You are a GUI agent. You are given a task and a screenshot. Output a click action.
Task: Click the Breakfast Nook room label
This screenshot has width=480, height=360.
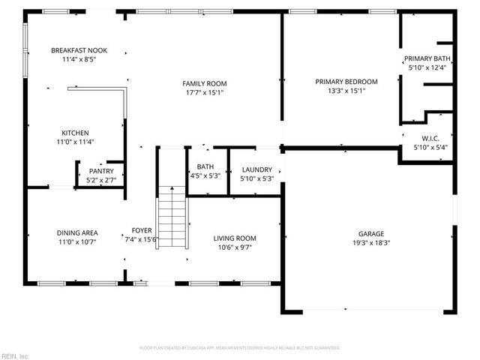[x=73, y=50]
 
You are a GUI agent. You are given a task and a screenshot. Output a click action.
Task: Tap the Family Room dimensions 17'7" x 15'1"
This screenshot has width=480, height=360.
[x=205, y=93]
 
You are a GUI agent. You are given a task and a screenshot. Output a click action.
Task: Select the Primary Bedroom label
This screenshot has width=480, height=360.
[x=346, y=82]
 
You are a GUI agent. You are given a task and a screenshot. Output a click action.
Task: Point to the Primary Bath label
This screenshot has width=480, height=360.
[x=427, y=58]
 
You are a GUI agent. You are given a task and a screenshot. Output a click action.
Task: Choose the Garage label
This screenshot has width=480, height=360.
[x=370, y=233]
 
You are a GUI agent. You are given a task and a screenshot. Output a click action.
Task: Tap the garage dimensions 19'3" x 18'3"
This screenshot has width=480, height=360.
[x=370, y=242]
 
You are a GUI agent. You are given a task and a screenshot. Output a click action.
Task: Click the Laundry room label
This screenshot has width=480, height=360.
[x=256, y=169]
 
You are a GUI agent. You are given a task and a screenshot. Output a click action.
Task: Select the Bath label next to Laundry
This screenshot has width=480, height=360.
[x=205, y=166]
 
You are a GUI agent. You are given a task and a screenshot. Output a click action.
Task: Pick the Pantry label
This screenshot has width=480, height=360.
[x=100, y=171]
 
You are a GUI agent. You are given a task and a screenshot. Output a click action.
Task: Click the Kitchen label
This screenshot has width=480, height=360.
[x=75, y=133]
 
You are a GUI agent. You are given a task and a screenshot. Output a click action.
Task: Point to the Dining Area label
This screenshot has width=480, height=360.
[x=77, y=232]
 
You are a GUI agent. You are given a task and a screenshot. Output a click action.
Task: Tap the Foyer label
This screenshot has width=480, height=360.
[x=142, y=231]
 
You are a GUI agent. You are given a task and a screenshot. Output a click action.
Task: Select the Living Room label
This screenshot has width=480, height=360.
[x=235, y=238]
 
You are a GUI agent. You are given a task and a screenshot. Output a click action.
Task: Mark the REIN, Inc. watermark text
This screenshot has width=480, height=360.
[x=14, y=355]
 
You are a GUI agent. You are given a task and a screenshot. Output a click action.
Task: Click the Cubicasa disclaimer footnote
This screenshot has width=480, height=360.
[x=240, y=348]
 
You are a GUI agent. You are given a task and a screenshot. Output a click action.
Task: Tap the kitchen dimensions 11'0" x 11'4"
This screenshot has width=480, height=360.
[x=75, y=142]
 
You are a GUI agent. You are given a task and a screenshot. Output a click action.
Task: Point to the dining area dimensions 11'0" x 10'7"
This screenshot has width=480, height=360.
[x=77, y=241]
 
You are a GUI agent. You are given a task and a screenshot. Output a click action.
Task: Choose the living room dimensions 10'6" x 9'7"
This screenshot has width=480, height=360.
[x=235, y=247]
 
